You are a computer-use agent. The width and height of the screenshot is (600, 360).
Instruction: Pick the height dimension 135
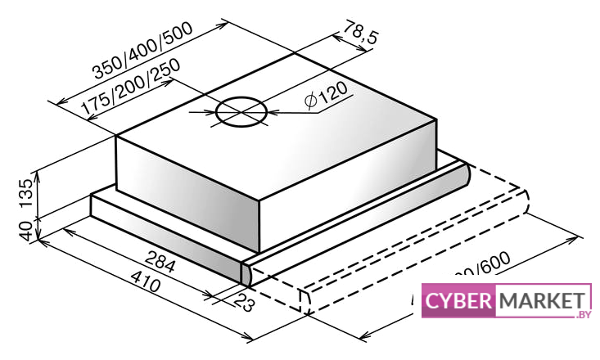[x=25, y=191]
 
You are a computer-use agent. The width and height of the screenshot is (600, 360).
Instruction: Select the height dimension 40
[x=25, y=228]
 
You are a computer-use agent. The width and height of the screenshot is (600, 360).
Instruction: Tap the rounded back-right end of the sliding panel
[x=463, y=173]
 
